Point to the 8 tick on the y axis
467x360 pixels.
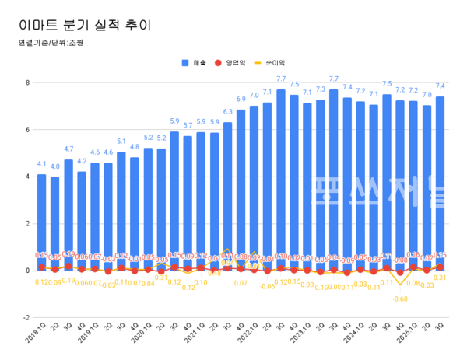pos(27,82)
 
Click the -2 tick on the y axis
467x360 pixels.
pos(26,317)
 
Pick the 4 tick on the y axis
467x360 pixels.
pos(27,177)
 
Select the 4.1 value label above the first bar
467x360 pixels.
pos(41,164)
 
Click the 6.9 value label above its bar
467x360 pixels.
pos(241,99)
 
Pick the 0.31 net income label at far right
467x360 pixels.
pos(440,278)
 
